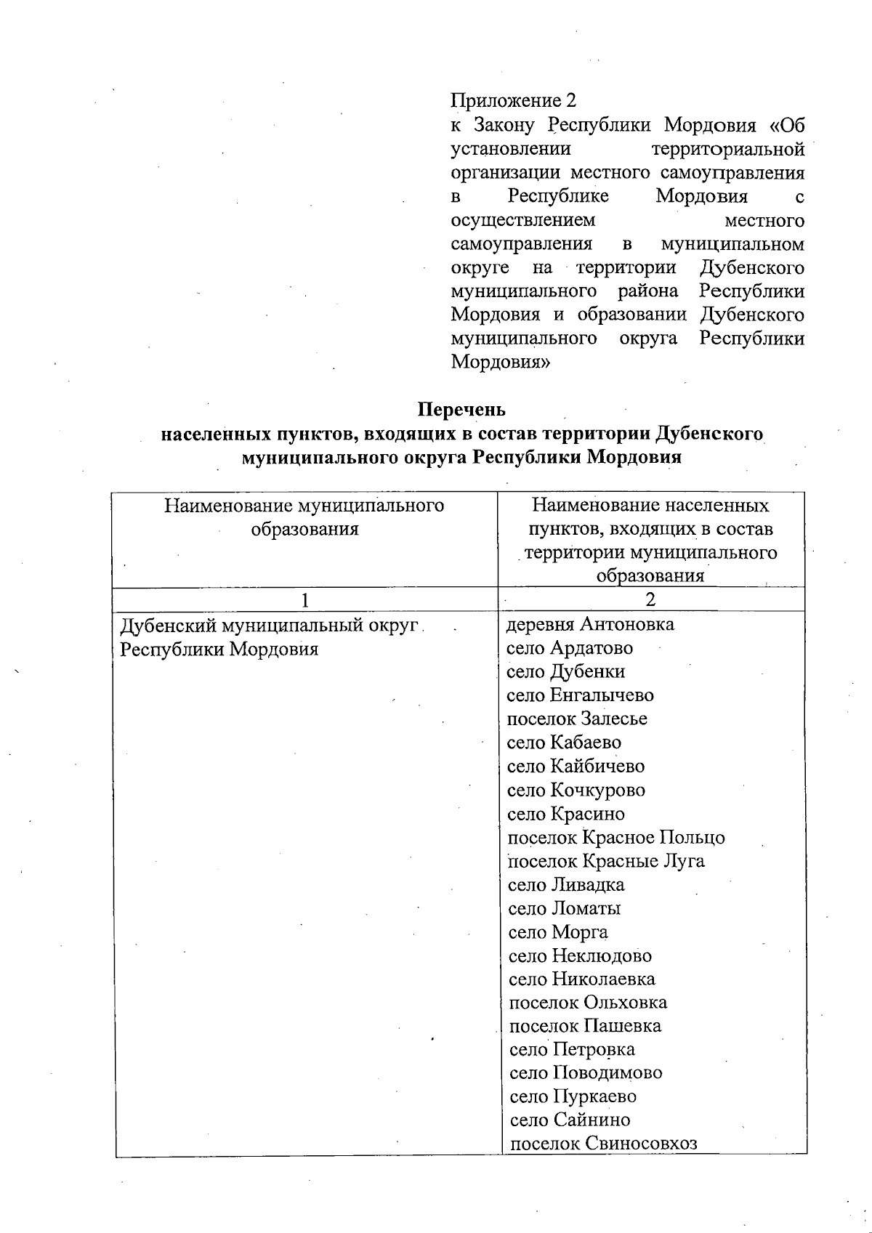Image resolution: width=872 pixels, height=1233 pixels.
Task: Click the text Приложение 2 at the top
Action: point(513,100)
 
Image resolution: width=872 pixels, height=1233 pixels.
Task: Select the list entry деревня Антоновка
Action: point(589,624)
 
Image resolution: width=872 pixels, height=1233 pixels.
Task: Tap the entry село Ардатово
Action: point(569,648)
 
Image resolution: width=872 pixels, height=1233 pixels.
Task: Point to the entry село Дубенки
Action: point(565,671)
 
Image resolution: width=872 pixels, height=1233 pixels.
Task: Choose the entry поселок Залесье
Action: point(576,719)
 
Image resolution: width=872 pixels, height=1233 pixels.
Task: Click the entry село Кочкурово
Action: point(576,790)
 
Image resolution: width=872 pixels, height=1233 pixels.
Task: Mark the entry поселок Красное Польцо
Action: point(615,837)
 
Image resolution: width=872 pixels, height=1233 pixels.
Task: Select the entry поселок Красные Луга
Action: point(605,861)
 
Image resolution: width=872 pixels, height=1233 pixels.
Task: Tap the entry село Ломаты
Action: point(564,908)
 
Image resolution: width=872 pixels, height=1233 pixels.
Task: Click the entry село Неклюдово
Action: point(579,955)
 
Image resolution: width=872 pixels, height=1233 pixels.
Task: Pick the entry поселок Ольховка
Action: point(587,1003)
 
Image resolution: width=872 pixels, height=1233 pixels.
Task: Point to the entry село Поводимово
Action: point(586,1072)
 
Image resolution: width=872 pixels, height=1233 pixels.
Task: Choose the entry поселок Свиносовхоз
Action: point(603,1144)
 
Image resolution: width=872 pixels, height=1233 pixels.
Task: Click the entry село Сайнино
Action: point(570,1120)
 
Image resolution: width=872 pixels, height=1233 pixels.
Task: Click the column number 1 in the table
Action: point(305,599)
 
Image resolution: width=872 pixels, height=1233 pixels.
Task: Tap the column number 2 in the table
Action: point(650,599)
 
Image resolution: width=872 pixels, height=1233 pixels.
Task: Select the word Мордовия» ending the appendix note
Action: point(500,362)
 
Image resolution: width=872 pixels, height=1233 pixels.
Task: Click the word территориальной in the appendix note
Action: point(727,149)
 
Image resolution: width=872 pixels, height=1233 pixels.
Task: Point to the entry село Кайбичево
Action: point(576,767)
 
